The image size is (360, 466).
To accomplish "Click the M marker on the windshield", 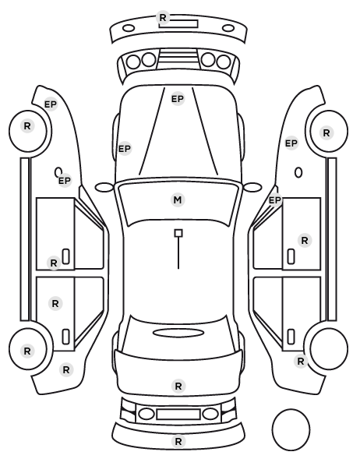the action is pos(178,199).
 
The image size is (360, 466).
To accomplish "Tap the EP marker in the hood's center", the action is pos(178,99).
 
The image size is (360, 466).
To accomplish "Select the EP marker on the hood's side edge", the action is pos(125,148).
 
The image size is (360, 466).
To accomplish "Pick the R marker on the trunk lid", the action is pos(178,386).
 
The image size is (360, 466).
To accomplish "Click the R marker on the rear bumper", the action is pos(178,441).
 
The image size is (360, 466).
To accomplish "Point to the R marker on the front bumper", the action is pos(163,18).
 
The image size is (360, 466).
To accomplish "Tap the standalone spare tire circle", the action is pos(291,429).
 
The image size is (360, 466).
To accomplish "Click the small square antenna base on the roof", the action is pos(178,233).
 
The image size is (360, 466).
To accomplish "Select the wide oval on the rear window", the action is pos(178,333).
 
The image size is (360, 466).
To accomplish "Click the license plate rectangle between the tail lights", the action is pos(178,414).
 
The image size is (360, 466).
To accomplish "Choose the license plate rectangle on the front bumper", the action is pos(178,24).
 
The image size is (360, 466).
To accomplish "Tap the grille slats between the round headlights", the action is pos(178,59).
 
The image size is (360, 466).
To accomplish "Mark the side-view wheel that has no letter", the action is pos(329,348).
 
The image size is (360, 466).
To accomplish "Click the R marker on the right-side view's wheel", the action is pos(326,132).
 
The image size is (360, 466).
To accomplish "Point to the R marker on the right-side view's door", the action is pos(305,241).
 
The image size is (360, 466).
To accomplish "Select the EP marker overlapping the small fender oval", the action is pos(65,180).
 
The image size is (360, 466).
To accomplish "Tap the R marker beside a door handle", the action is pos(54,263).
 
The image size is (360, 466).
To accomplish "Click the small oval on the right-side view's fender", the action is pos(298,173).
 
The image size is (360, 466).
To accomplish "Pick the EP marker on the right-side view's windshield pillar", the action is pos(275,200).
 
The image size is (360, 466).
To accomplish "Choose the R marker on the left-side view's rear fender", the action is pos(66,369).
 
